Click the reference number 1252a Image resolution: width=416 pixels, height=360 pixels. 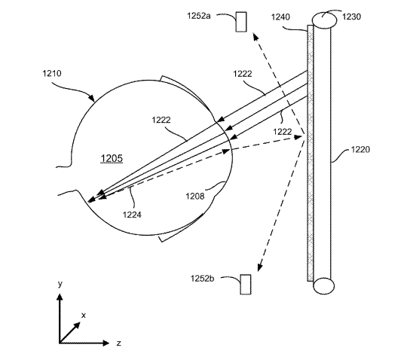click(x=199, y=16)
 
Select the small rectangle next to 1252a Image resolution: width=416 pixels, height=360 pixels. click(x=241, y=22)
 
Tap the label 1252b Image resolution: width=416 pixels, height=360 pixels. click(x=203, y=279)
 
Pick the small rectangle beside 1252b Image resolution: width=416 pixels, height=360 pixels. click(x=246, y=285)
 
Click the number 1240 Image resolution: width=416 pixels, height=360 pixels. click(x=280, y=17)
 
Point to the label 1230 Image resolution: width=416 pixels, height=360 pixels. click(x=351, y=17)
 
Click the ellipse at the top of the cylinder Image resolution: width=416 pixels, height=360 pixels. click(x=324, y=20)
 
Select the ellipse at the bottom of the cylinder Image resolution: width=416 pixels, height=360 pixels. click(x=323, y=286)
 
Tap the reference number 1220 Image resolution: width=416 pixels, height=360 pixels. click(x=360, y=150)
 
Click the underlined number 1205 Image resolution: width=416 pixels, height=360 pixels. click(x=112, y=158)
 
